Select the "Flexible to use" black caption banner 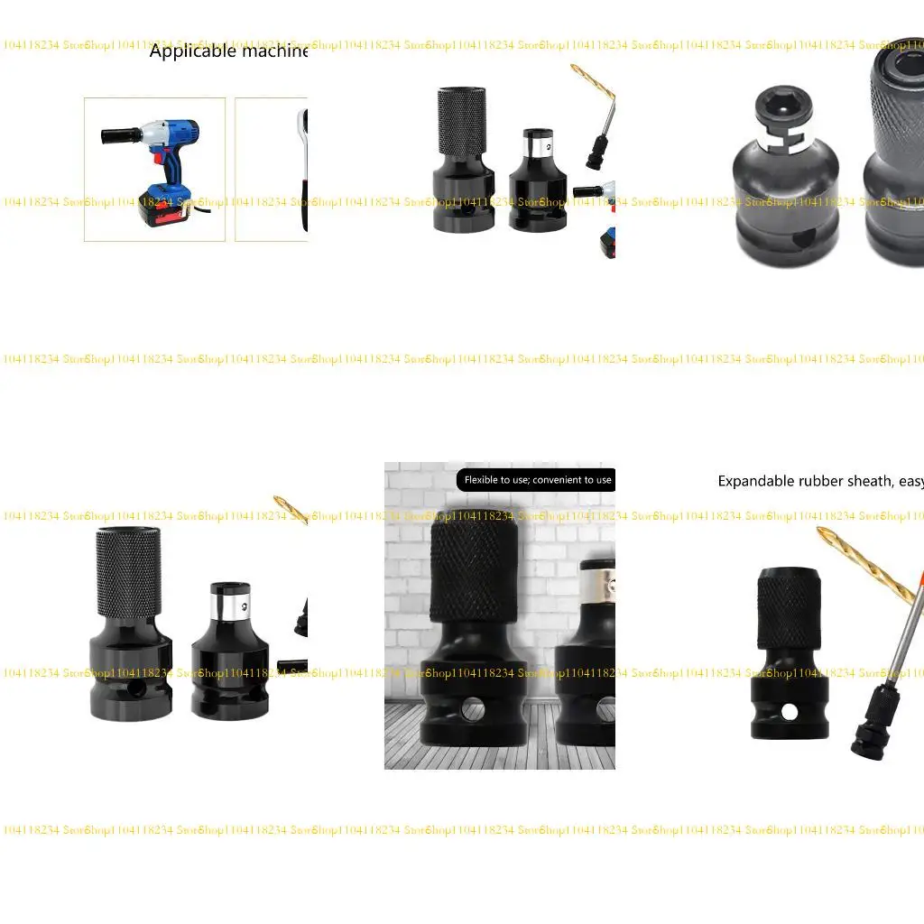(x=537, y=480)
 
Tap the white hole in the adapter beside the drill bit (x=790, y=712)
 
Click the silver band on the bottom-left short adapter (x=229, y=599)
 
